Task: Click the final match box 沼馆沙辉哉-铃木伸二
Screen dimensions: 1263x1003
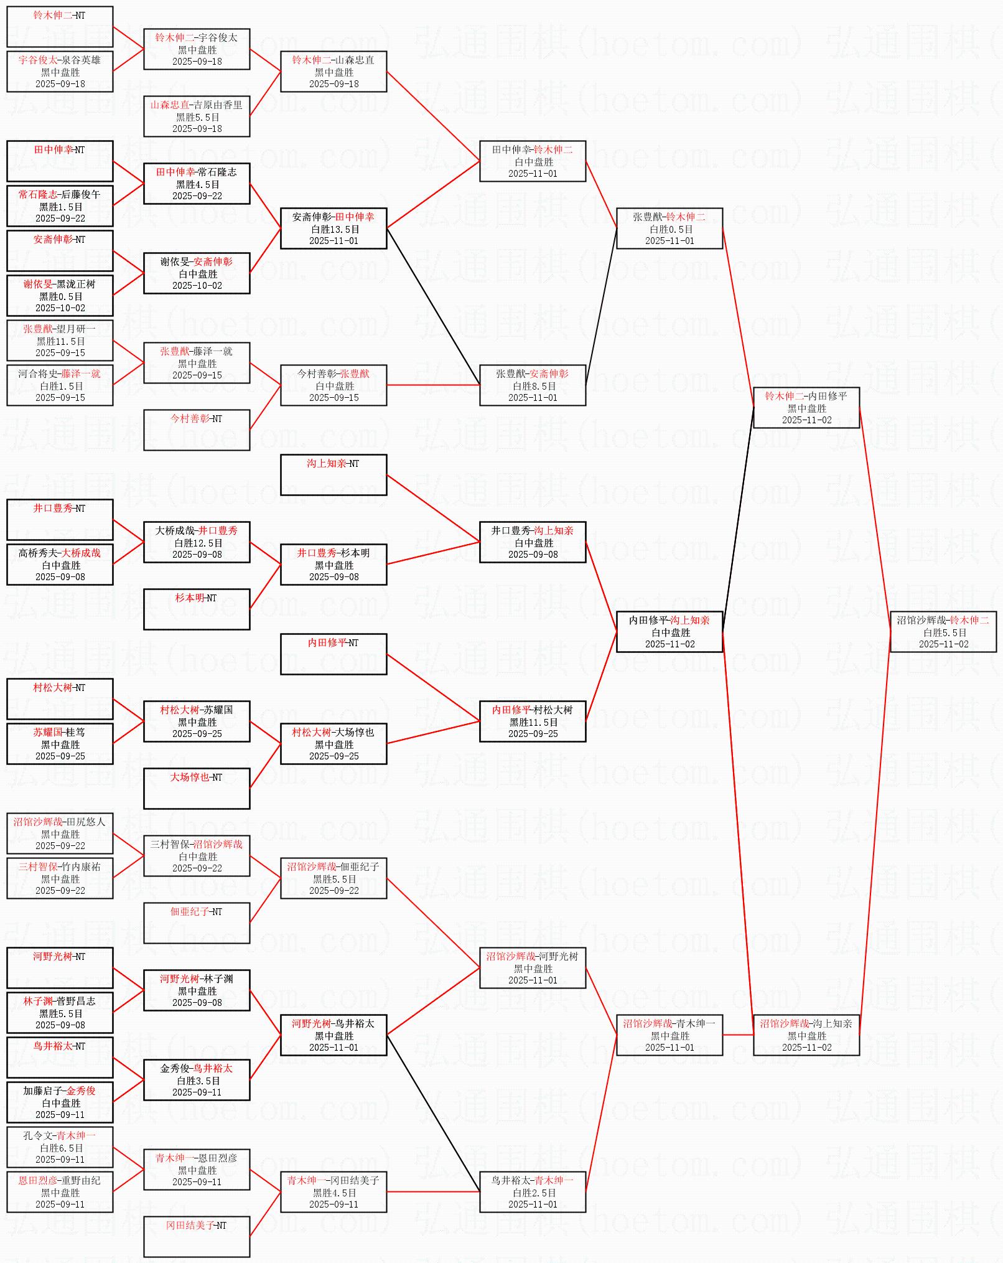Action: point(943,632)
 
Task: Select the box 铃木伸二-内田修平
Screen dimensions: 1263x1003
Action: point(806,408)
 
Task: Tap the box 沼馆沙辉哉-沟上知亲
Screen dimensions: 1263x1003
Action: point(806,1035)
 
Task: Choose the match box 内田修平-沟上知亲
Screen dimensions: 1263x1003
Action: point(669,632)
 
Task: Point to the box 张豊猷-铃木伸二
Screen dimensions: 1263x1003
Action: point(669,228)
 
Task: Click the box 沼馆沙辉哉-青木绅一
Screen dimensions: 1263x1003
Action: point(669,1035)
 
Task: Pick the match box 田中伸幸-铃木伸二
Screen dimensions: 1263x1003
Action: point(532,161)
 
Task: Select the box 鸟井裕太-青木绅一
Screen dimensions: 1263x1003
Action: point(532,1192)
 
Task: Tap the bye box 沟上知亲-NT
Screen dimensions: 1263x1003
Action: point(333,475)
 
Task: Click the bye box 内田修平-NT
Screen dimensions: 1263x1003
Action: point(333,654)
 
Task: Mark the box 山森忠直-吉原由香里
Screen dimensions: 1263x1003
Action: point(196,116)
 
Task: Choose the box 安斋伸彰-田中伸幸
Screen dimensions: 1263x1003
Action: point(333,228)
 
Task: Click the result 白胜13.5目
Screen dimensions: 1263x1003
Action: point(335,229)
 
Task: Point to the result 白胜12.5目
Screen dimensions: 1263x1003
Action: point(198,543)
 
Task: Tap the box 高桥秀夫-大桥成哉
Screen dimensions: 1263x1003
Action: point(60,565)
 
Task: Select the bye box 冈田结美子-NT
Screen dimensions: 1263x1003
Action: point(196,1237)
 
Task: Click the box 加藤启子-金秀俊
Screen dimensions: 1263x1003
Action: point(60,1102)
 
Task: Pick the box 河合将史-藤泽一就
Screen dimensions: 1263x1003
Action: point(60,385)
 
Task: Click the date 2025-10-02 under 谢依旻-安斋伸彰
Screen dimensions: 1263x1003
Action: point(197,286)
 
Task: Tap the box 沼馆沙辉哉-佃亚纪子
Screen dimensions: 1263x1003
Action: point(333,878)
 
